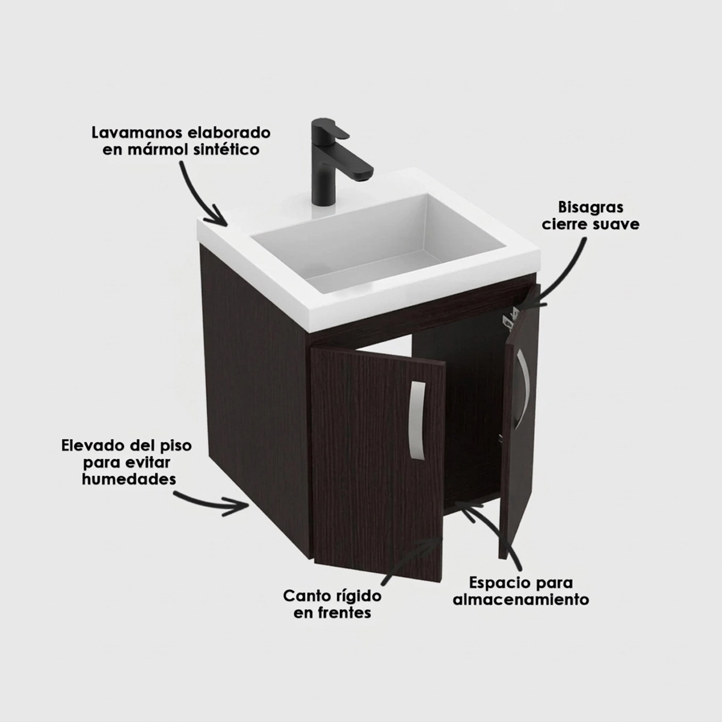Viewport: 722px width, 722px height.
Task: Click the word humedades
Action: coord(129,479)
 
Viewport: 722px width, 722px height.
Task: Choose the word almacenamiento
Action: coord(521,599)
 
